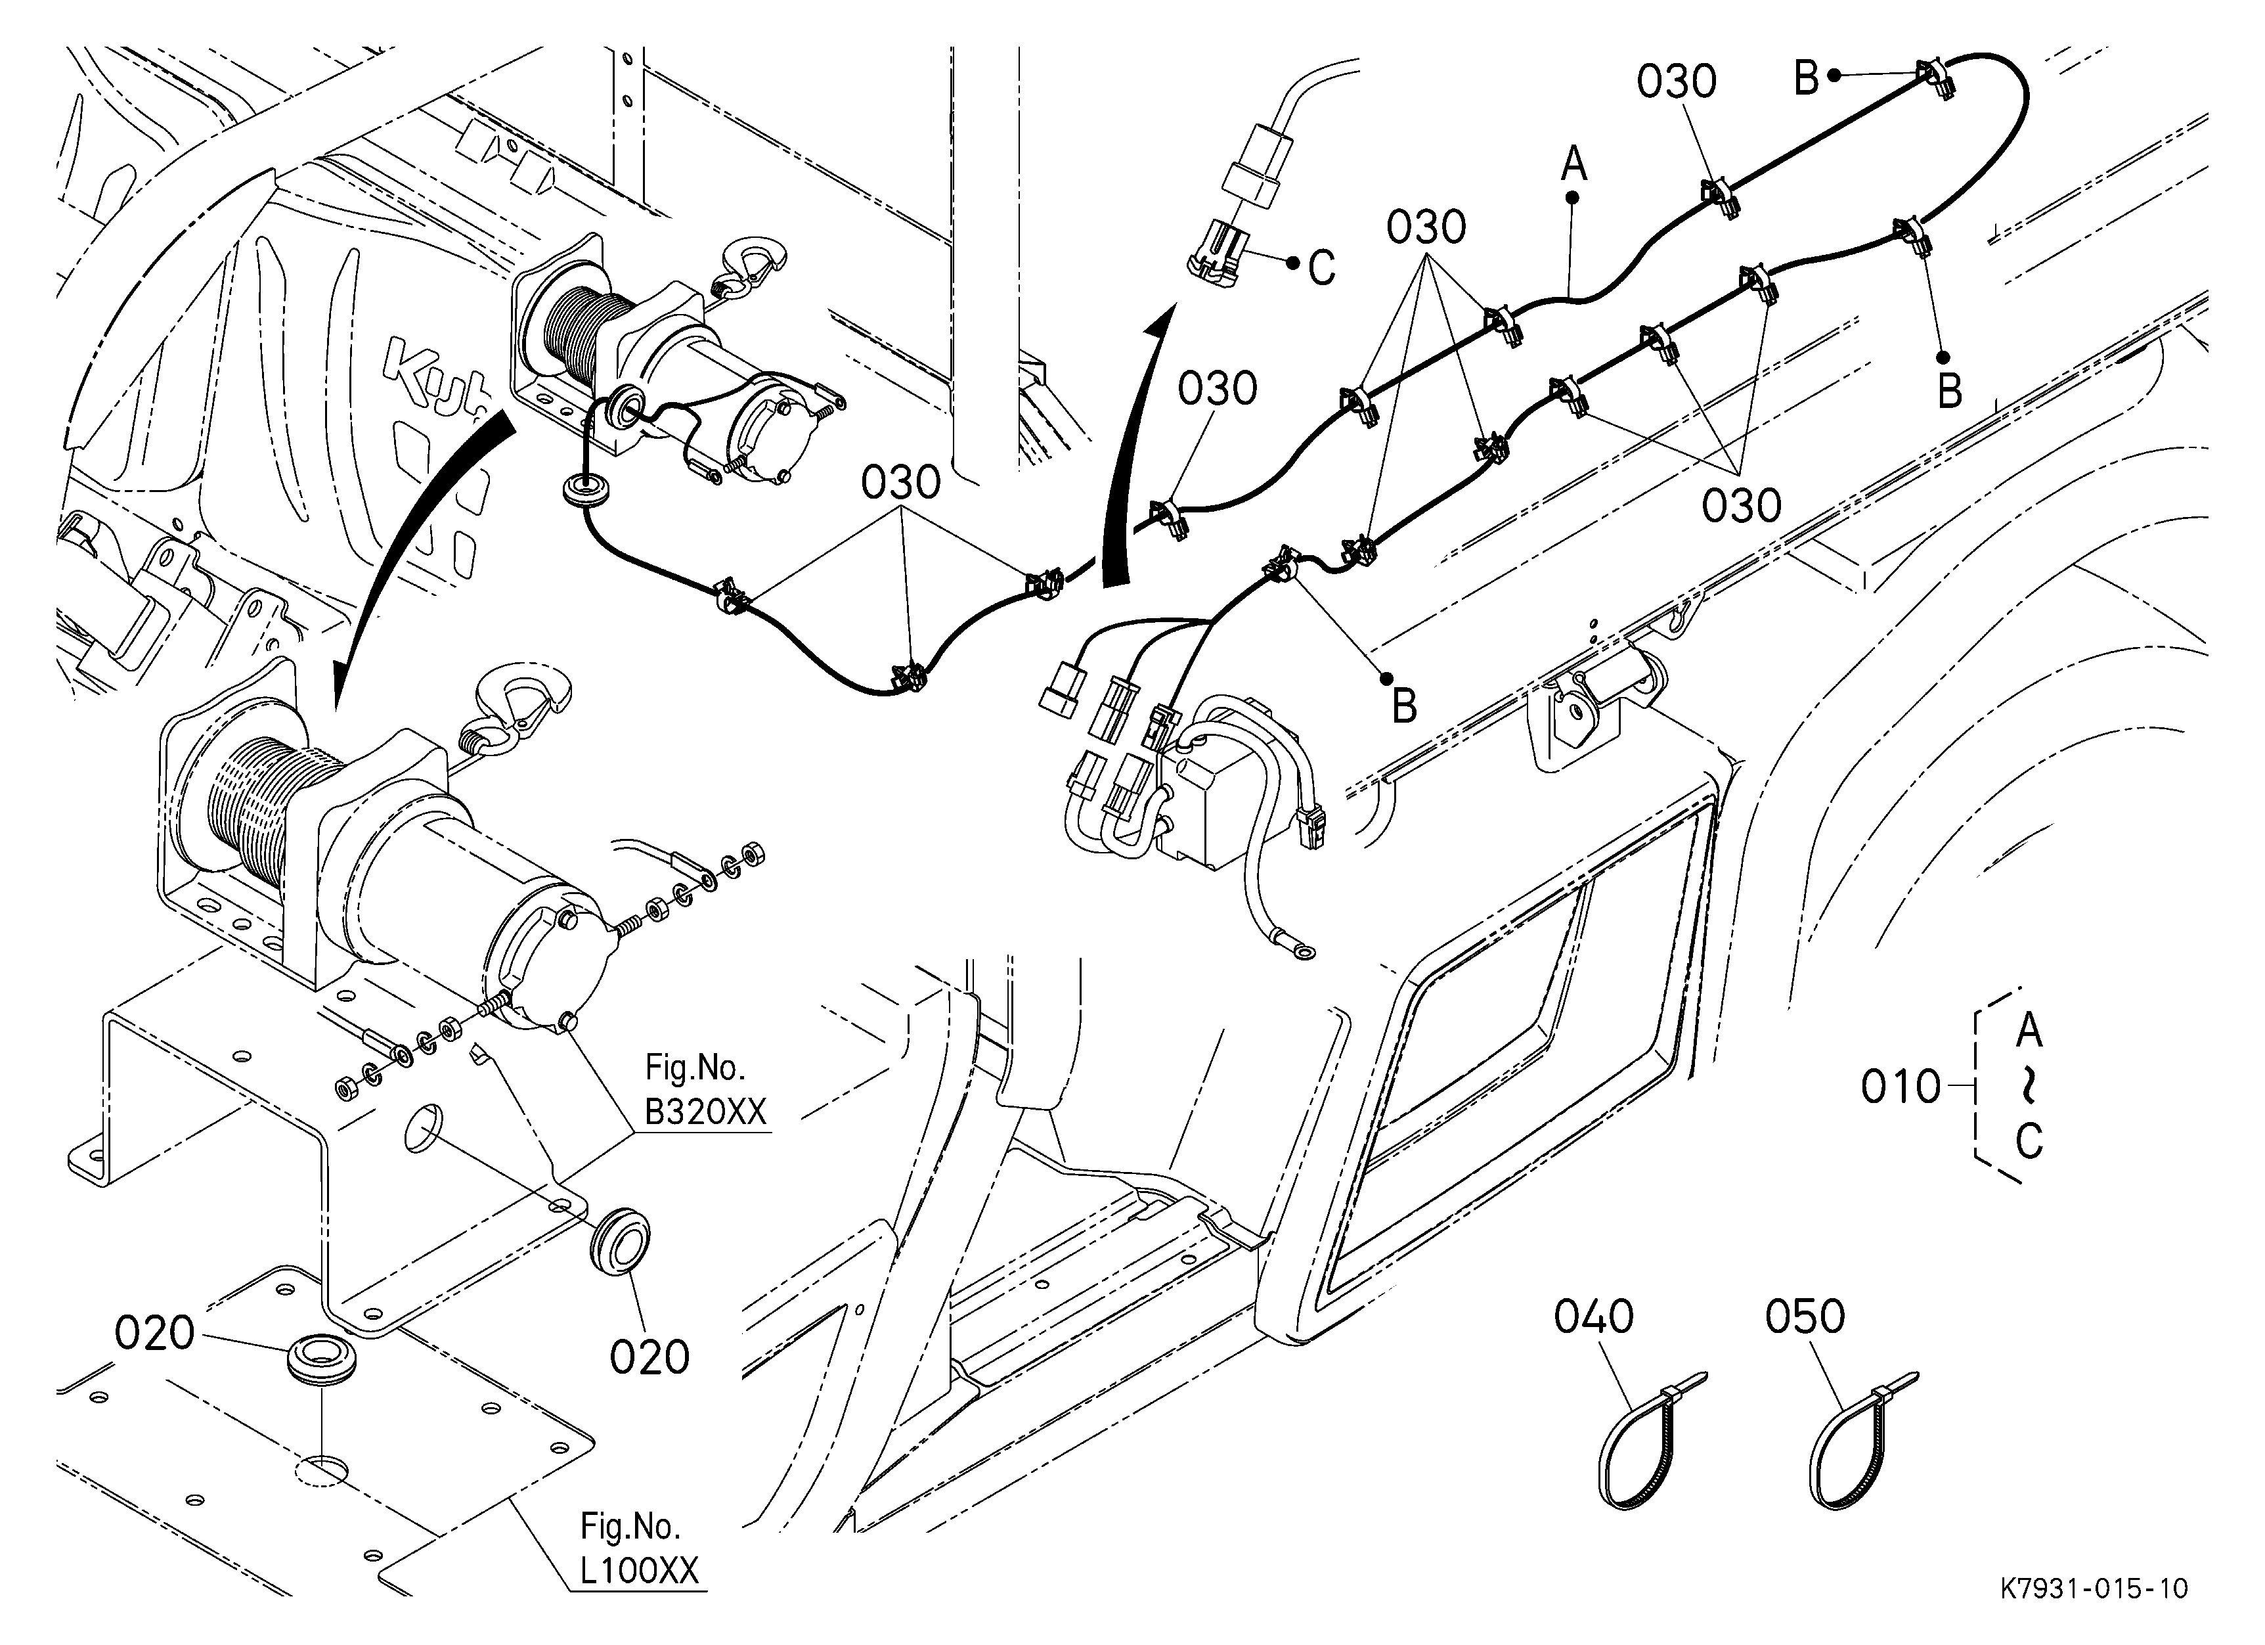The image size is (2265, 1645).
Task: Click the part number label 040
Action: click(1594, 1317)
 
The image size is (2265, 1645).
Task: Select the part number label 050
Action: click(1805, 1317)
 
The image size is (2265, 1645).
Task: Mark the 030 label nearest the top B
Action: click(1676, 82)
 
